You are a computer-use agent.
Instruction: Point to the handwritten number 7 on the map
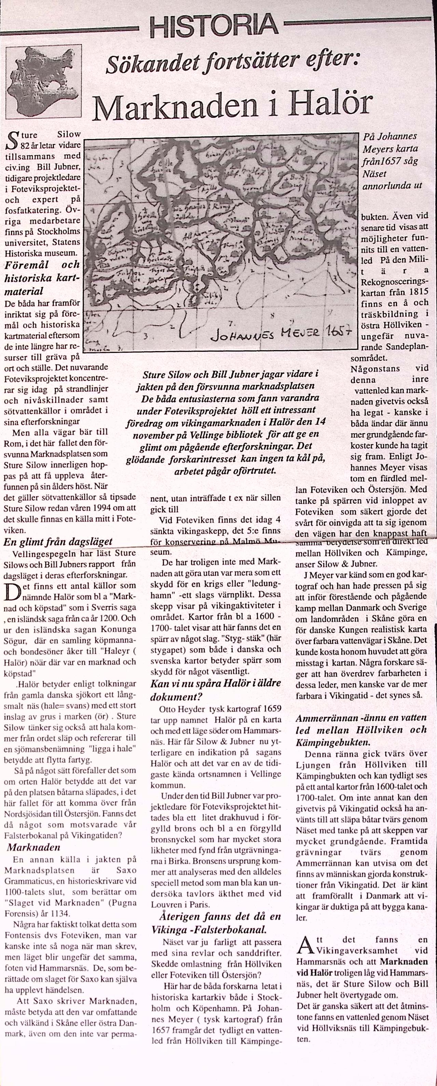tap(230, 323)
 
